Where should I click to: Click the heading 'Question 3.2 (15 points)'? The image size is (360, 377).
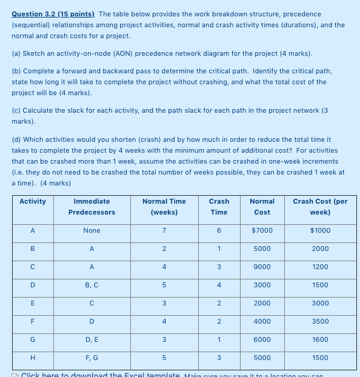click(x=53, y=14)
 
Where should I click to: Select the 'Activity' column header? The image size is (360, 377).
click(x=33, y=201)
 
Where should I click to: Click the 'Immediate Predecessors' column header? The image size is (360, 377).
click(x=92, y=207)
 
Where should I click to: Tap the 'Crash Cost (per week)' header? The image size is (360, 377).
click(x=319, y=207)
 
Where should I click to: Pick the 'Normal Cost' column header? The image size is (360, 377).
click(x=262, y=207)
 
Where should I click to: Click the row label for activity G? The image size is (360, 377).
click(x=33, y=339)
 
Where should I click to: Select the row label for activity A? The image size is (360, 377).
click(x=33, y=230)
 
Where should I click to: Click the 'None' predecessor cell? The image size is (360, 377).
click(x=92, y=230)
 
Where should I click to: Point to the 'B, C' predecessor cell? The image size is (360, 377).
click(x=92, y=285)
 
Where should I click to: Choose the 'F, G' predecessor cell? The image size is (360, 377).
click(x=92, y=358)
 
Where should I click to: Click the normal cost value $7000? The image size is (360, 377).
click(x=262, y=230)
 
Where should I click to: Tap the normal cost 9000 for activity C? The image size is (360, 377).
click(x=262, y=267)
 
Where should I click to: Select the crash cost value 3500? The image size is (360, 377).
click(x=319, y=321)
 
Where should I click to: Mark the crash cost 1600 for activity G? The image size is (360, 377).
click(x=319, y=339)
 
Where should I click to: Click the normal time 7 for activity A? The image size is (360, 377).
click(x=164, y=230)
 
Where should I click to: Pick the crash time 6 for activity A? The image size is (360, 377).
click(x=219, y=230)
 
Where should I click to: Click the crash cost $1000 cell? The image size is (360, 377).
click(x=319, y=230)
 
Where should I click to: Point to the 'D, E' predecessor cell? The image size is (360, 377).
click(x=92, y=339)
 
